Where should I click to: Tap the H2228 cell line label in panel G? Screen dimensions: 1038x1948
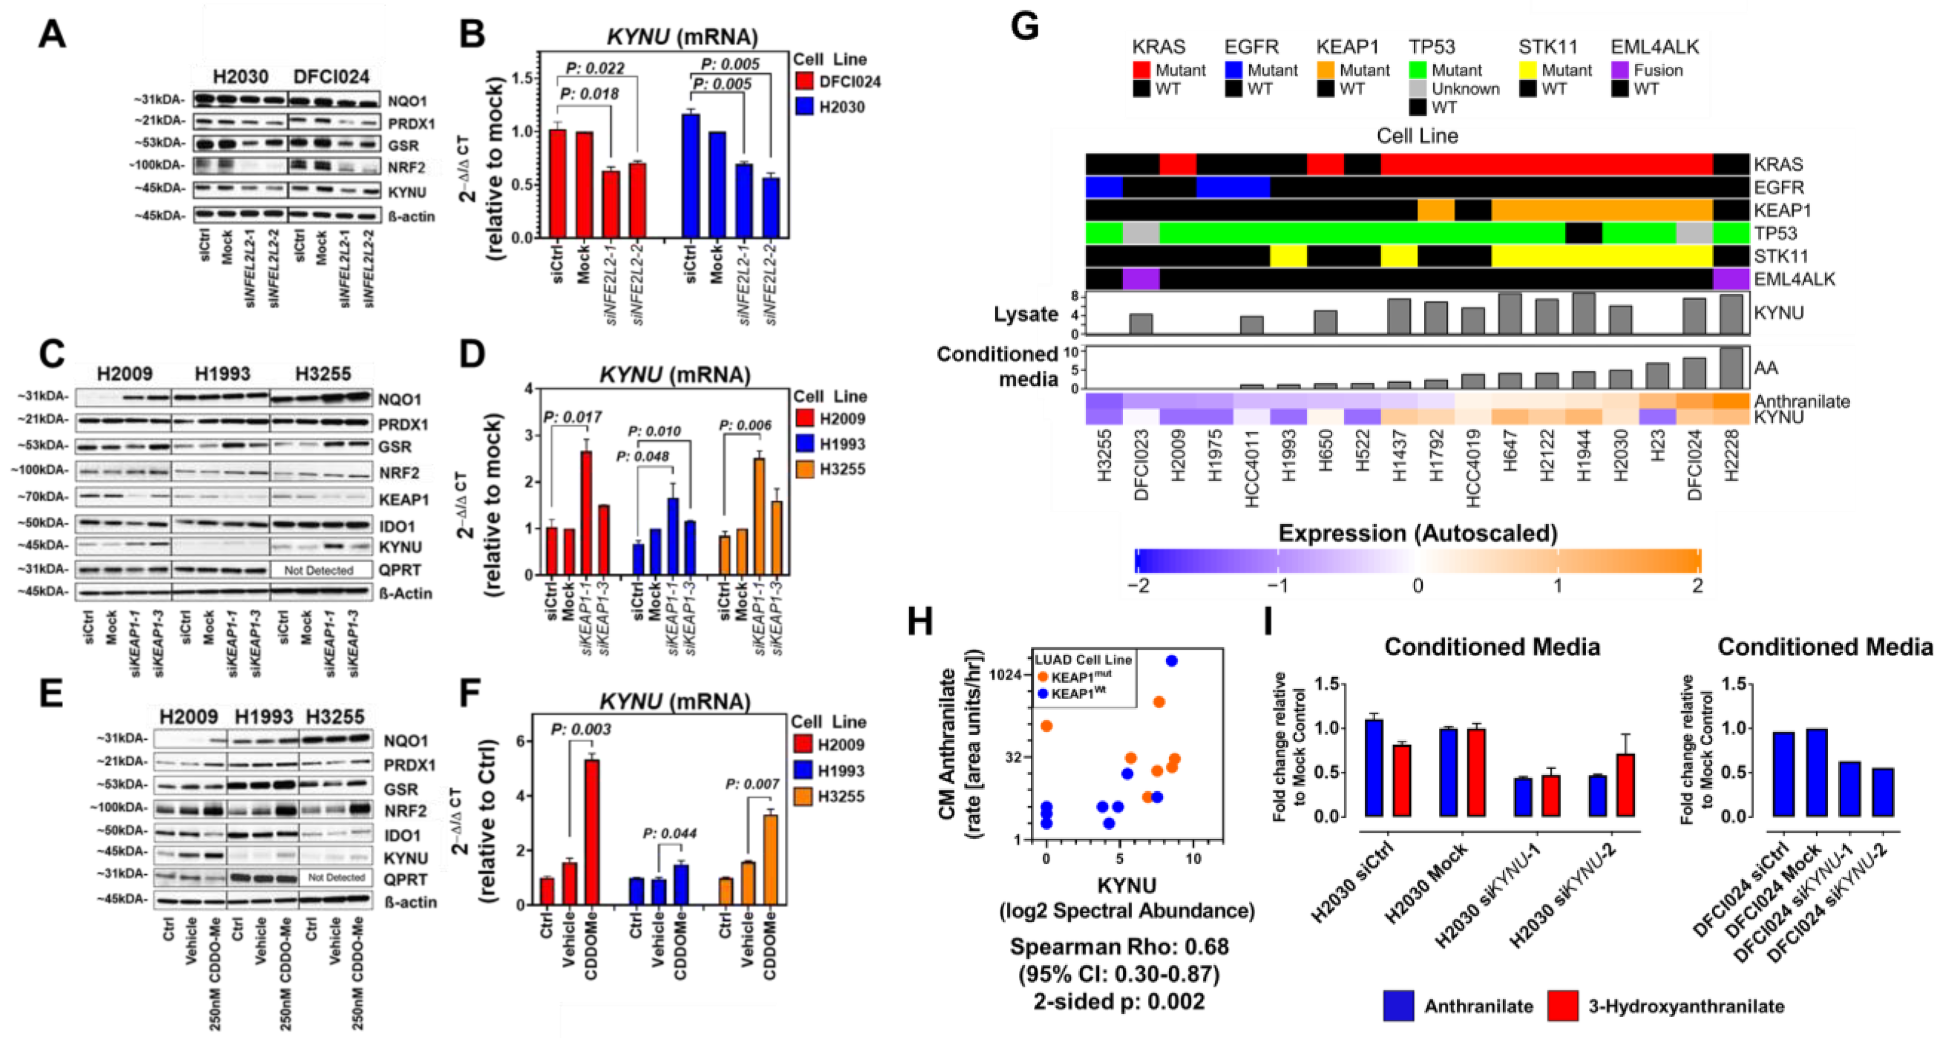(1731, 454)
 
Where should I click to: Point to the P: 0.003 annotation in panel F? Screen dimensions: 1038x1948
(581, 729)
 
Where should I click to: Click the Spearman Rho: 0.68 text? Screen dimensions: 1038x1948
(1119, 947)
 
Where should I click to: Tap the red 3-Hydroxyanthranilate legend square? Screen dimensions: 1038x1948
(1563, 1006)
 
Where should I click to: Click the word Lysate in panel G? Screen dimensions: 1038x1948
(1025, 314)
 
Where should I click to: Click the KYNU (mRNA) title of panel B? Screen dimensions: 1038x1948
(681, 36)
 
